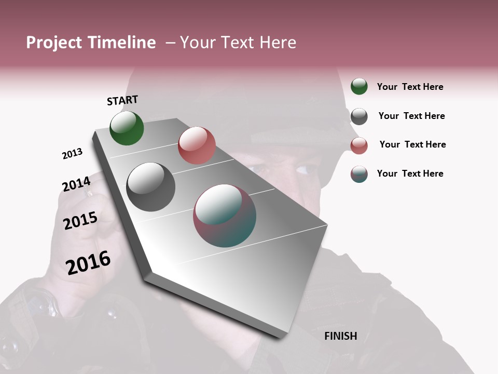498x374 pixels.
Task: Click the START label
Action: coord(122,100)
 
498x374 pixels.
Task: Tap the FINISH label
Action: coord(340,336)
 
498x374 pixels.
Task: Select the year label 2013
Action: coord(72,154)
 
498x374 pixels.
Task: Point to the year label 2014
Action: coord(76,184)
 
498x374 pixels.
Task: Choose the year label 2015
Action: coord(80,221)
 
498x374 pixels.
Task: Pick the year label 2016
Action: coord(88,262)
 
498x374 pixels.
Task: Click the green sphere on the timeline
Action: coord(127,128)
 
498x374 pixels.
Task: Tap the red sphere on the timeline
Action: coord(197,145)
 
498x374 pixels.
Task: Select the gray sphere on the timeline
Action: coord(150,187)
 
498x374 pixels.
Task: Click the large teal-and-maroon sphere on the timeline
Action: coord(225,216)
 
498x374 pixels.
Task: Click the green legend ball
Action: coord(359,86)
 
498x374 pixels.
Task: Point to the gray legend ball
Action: coord(359,116)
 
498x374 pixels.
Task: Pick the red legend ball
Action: coord(359,145)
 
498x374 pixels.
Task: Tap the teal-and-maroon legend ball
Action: coord(359,174)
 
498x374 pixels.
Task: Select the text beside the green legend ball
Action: coord(410,87)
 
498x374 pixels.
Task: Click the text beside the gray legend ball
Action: coord(411,116)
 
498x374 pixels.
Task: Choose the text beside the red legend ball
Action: coord(412,144)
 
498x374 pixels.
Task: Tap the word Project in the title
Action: coord(54,43)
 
